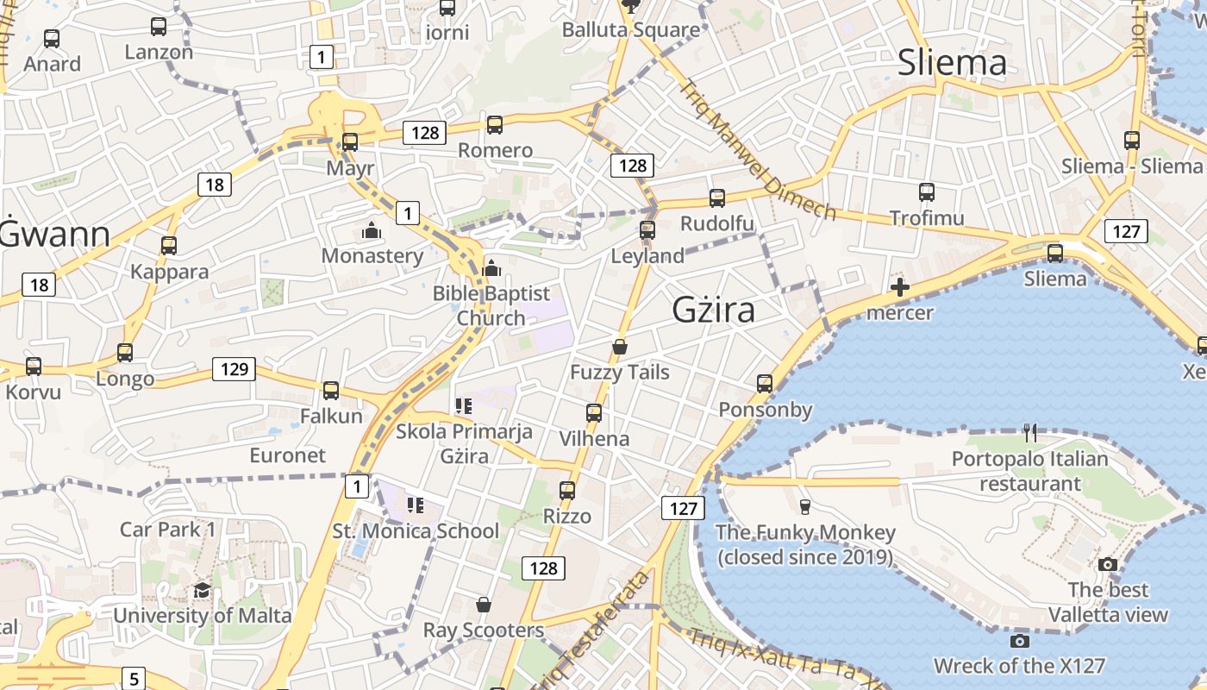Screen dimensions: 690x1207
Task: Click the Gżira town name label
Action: pyautogui.click(x=713, y=310)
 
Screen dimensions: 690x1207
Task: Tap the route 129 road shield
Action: pyautogui.click(x=234, y=370)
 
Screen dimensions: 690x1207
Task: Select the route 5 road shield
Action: pyautogui.click(x=134, y=678)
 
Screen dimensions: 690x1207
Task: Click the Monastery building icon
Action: pyautogui.click(x=372, y=231)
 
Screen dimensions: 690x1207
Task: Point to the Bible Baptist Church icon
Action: pyautogui.click(x=491, y=268)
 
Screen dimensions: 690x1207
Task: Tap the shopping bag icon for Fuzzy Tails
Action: pyautogui.click(x=619, y=347)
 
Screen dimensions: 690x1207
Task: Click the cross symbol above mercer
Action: pyautogui.click(x=900, y=287)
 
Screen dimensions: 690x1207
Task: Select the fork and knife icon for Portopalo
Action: pyautogui.click(x=1029, y=433)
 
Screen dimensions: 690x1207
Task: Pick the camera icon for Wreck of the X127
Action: pyautogui.click(x=1019, y=641)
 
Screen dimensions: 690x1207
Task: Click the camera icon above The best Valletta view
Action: pyautogui.click(x=1108, y=565)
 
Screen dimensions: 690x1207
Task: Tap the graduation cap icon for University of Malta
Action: pyautogui.click(x=202, y=590)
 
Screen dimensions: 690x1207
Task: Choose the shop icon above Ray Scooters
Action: pyautogui.click(x=484, y=605)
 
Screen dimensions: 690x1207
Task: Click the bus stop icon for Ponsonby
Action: pyautogui.click(x=765, y=384)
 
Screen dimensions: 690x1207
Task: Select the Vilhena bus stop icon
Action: pyautogui.click(x=594, y=413)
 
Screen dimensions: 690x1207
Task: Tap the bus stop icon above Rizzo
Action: pyautogui.click(x=567, y=491)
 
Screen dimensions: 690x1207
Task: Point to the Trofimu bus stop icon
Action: pyautogui.click(x=927, y=192)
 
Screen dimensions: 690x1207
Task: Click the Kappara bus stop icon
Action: pyautogui.click(x=169, y=246)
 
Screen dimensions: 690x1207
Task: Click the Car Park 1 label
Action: pyautogui.click(x=167, y=529)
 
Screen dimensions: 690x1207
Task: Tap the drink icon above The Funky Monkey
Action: pyautogui.click(x=805, y=506)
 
